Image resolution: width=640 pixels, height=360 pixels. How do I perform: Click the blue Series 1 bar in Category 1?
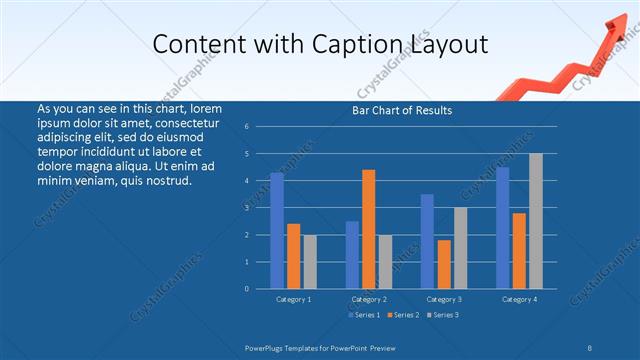coord(277,231)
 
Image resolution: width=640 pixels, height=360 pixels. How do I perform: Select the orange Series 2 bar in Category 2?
coord(368,229)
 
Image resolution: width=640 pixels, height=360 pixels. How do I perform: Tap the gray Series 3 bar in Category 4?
coord(535,221)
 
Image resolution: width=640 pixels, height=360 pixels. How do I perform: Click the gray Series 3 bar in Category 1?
coord(310,261)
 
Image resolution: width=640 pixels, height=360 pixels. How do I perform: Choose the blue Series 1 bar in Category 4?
coord(502,228)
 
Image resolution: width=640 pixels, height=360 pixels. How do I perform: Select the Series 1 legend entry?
coord(364,315)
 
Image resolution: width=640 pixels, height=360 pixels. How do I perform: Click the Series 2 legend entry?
coord(404,315)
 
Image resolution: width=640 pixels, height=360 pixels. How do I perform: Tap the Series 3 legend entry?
coord(443,315)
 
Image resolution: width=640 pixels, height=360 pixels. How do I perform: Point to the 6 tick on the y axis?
coord(260,127)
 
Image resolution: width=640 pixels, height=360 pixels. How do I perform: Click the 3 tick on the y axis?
coord(260,208)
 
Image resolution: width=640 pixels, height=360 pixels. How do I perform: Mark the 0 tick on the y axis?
coord(260,289)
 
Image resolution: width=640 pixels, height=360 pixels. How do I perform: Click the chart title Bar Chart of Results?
coord(402,110)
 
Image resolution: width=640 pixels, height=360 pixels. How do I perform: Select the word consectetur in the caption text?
coord(189,123)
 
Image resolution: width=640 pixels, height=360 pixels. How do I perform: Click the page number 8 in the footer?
coord(590,347)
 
